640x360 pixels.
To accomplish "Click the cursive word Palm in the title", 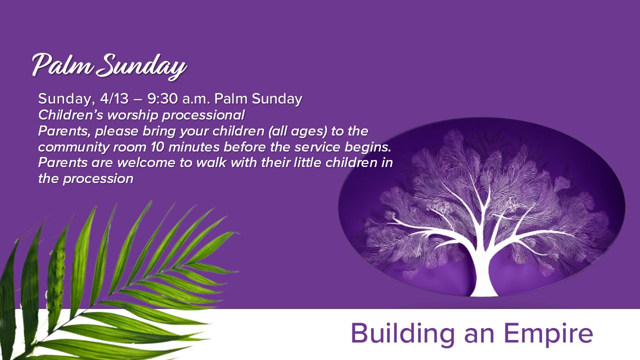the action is pos(63,65).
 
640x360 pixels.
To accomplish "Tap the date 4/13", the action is pos(114,99).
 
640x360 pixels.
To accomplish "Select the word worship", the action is pos(132,115).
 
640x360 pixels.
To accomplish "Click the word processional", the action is pos(203,115).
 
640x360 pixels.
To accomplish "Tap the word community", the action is pos(73,147).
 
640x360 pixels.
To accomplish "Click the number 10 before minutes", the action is pos(157,147).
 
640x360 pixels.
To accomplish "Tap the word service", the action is pos(317,147).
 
